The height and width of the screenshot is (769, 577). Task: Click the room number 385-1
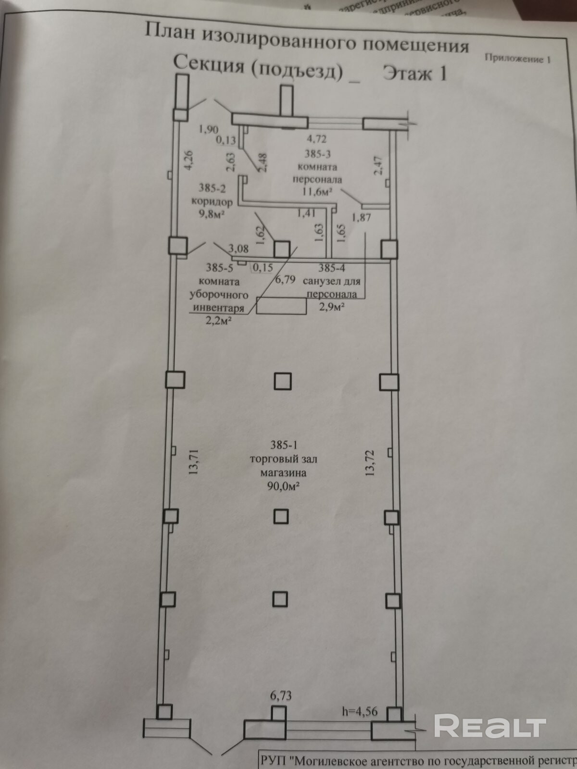tap(283, 446)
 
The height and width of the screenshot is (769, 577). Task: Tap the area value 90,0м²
tap(284, 486)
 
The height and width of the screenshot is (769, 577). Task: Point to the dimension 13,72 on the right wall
tap(370, 462)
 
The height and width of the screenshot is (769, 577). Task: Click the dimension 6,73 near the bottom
tap(281, 695)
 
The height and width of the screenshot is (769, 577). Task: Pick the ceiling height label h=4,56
tap(360, 712)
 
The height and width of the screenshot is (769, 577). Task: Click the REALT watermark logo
tap(490, 726)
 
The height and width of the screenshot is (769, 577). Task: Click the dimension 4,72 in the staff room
tap(317, 139)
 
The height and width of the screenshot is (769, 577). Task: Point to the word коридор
tap(212, 201)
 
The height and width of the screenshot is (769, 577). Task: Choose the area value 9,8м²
tap(213, 214)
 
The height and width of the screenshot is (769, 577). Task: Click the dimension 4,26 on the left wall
tap(188, 160)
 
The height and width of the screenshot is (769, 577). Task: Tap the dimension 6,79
tap(285, 279)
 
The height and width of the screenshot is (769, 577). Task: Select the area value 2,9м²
tap(332, 307)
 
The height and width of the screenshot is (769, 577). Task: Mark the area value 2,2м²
tap(216, 321)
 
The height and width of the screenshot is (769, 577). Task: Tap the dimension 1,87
tap(361, 217)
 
